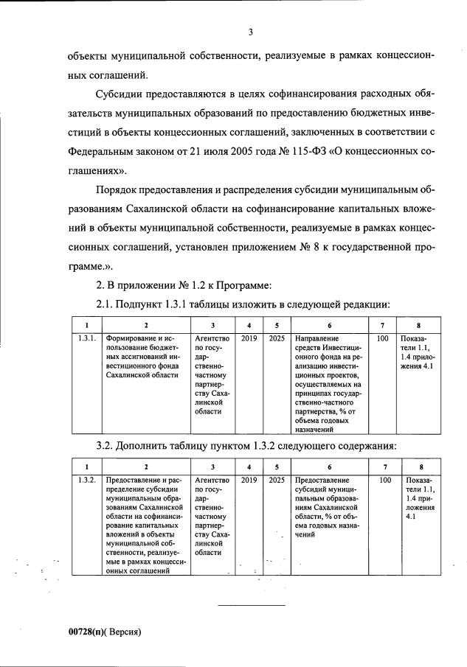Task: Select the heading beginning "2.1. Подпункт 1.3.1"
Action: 242,304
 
